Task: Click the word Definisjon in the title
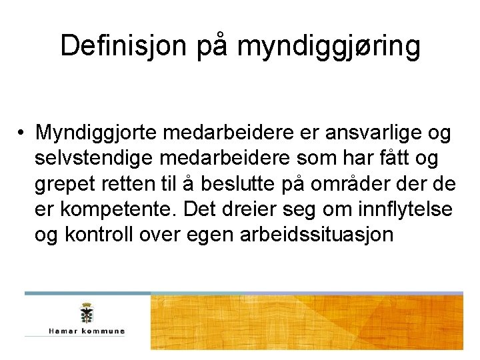[x=127, y=46]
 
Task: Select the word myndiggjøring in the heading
[x=329, y=47]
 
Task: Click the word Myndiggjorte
[x=98, y=133]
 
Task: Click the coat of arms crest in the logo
[x=85, y=313]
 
